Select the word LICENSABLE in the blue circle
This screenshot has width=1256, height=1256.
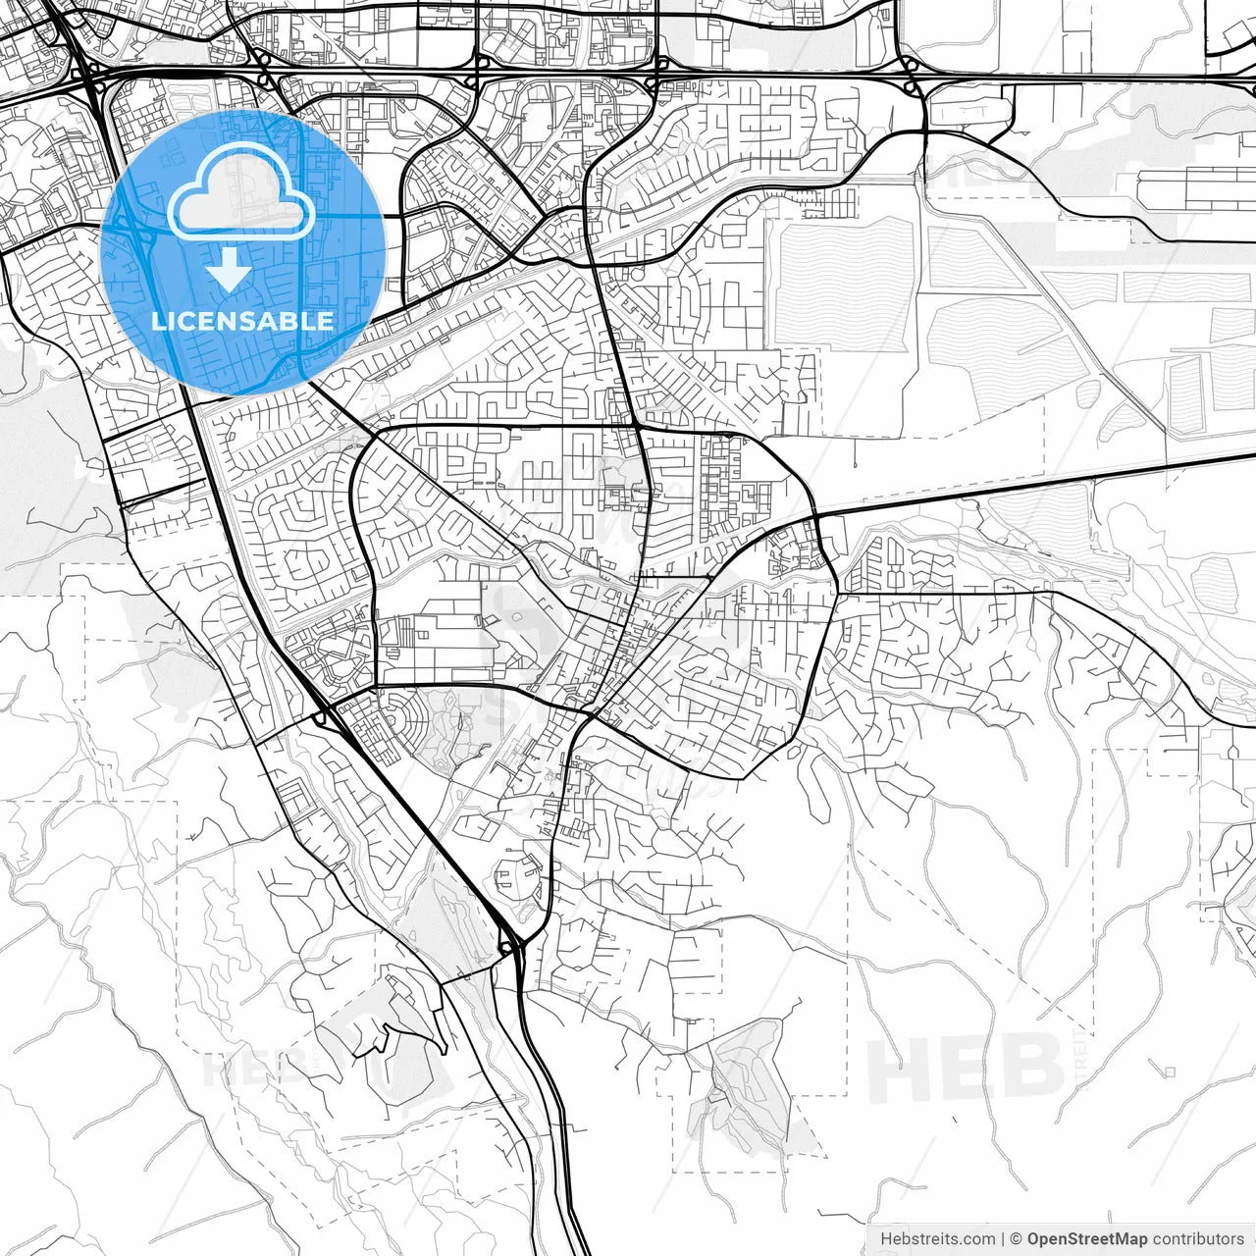coord(242,321)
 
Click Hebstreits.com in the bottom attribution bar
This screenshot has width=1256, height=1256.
coord(937,1239)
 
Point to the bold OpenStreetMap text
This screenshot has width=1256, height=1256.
coord(1087,1239)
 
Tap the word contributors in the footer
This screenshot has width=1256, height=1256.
coord(1198,1239)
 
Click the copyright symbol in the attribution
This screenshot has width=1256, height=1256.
coord(1017,1239)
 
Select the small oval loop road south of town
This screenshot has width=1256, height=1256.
coord(516,875)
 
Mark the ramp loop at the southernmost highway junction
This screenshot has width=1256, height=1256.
coord(507,944)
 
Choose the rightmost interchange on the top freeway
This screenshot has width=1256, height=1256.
coord(913,77)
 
